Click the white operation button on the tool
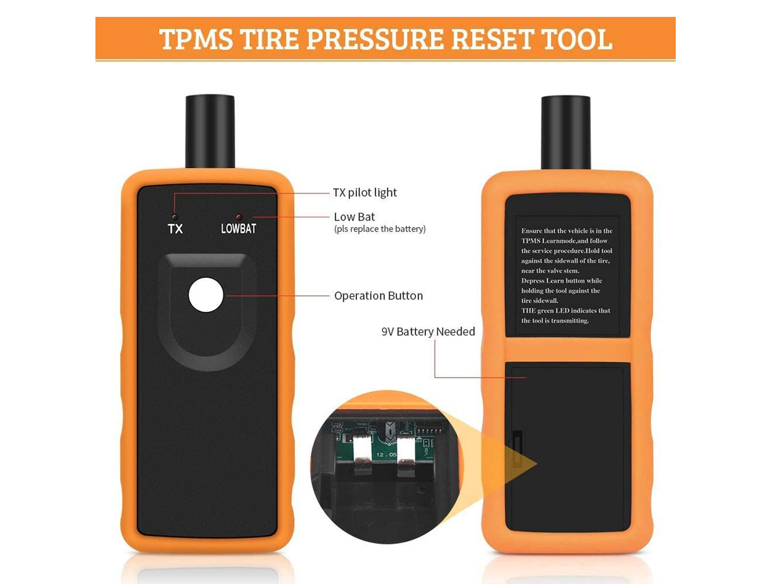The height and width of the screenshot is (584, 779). tap(206, 295)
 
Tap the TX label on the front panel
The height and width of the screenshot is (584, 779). tap(175, 228)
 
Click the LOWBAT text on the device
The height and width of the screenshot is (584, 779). tap(238, 228)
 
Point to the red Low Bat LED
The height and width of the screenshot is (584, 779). tap(239, 217)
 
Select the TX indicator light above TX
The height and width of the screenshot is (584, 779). tap(175, 217)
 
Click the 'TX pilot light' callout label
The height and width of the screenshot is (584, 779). tap(365, 193)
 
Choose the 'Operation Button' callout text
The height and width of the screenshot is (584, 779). tap(378, 296)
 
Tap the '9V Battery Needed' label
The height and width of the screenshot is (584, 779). tap(428, 332)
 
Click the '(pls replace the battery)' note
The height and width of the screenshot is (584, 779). tap(380, 229)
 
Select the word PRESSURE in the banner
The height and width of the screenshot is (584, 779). tap(375, 39)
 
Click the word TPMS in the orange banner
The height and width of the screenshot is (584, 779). tap(196, 39)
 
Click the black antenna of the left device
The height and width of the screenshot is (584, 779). tap(210, 131)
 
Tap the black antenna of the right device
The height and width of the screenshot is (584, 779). tap(565, 132)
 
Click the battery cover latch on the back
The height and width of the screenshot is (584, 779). tap(517, 448)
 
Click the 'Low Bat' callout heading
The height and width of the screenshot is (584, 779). tap(354, 217)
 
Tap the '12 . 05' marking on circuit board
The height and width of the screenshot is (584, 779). tap(386, 455)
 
